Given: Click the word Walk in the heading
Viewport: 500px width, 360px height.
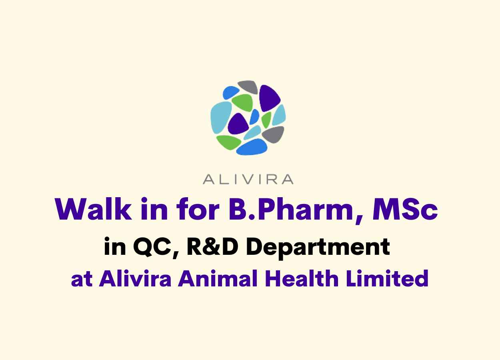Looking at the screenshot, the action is point(93,209).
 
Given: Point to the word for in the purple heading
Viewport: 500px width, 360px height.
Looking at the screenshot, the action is point(197,209).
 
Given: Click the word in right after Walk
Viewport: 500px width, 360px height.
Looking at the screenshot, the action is point(154,209).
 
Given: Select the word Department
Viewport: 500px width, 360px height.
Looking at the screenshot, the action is point(318,248).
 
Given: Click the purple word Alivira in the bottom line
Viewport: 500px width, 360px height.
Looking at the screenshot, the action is point(135,278).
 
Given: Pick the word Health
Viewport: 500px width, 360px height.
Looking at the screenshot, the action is point(302,278).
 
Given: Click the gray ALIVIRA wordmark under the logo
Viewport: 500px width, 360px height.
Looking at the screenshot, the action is point(248,179).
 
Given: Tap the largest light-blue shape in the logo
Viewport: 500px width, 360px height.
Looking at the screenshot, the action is point(221,117).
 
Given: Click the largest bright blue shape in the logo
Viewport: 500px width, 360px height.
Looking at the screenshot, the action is point(252,147).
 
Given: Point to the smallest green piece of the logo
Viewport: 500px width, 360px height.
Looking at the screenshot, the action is point(266,120).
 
